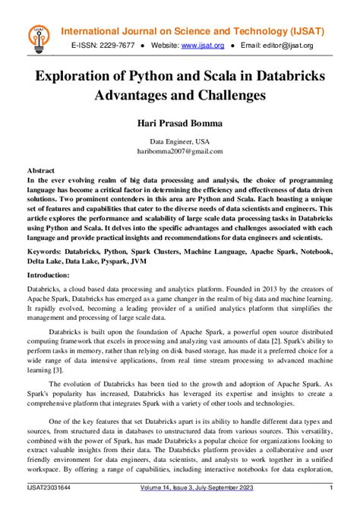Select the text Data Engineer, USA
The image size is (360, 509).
(x=180, y=141)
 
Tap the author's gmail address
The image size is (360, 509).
(x=180, y=150)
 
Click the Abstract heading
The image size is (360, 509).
(x=40, y=171)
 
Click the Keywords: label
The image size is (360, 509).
(x=48, y=249)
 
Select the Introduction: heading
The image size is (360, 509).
(x=53, y=274)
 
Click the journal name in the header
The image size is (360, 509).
(x=193, y=31)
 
